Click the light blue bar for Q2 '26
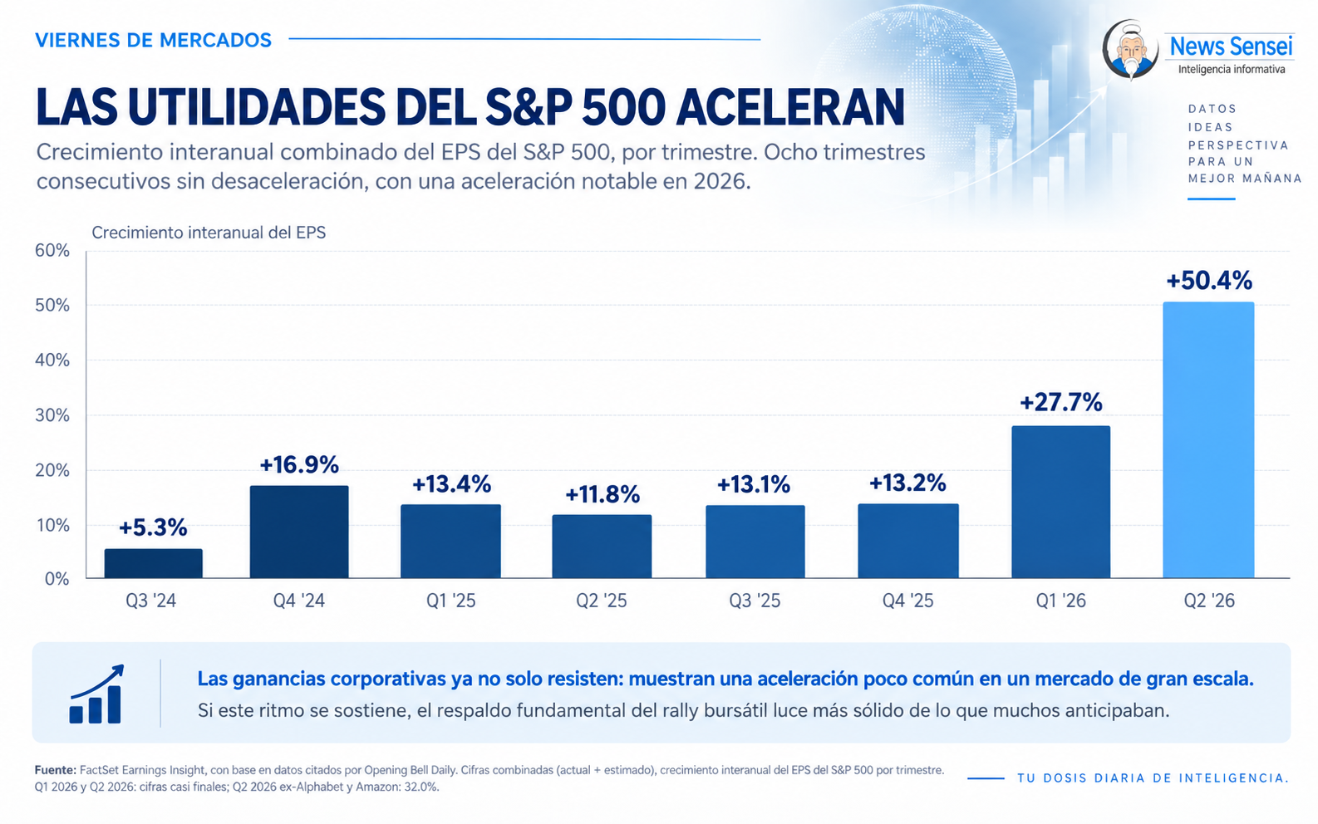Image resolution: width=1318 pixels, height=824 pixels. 1208,440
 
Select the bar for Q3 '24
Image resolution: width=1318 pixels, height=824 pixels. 154,563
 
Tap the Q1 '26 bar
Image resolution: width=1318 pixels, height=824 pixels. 1061,502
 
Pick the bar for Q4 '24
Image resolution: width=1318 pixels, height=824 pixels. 299,532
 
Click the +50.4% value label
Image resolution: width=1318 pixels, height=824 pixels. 1209,281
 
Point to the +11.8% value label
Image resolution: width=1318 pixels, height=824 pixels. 602,494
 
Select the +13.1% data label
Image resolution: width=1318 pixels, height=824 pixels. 754,484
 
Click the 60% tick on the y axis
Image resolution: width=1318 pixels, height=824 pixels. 52,251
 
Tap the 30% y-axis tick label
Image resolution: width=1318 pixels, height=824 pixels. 52,415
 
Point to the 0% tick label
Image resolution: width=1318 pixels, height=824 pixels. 57,579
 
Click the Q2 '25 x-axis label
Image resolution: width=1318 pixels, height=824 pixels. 602,601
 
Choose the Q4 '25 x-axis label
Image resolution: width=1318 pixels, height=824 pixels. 907,601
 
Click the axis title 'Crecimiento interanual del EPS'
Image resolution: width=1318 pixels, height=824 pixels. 209,233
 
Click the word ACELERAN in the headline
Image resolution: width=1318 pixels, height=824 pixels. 790,107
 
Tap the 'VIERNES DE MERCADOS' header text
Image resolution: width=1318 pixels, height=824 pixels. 154,40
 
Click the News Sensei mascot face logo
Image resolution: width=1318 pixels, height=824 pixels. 1130,49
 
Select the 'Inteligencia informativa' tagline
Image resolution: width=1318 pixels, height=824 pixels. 1232,70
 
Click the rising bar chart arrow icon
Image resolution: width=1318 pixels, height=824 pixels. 96,694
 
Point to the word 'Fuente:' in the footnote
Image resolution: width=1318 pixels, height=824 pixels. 56,770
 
